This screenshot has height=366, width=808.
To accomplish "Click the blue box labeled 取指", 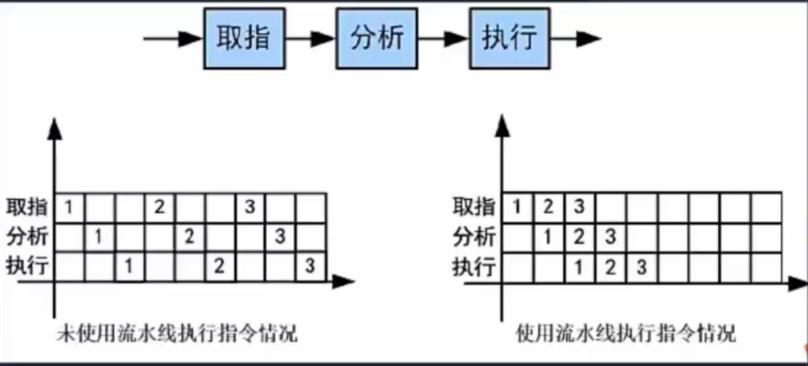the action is [244, 38].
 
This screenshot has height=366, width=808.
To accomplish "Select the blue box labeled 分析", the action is [377, 38].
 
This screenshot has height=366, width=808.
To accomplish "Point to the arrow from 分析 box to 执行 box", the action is [443, 38].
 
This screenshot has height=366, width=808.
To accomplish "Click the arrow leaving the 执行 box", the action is [575, 38].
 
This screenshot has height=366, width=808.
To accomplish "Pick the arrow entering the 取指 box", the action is [173, 38].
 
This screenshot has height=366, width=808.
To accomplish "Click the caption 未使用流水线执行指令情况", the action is [177, 333].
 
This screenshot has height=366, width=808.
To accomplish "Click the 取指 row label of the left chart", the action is [27, 208].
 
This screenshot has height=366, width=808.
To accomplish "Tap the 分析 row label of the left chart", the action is [27, 237].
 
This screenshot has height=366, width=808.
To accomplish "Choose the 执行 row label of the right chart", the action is [474, 267].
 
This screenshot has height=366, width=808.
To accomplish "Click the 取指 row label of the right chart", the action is [474, 208].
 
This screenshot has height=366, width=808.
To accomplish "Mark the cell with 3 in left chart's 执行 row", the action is [310, 267].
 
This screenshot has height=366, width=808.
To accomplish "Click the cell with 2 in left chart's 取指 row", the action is [160, 208].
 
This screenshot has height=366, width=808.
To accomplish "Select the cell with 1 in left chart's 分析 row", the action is [99, 237].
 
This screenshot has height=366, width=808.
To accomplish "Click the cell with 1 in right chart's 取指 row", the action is [517, 208].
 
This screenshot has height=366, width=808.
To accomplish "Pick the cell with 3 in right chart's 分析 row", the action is [610, 238].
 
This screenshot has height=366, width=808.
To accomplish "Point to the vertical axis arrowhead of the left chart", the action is [53, 128].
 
